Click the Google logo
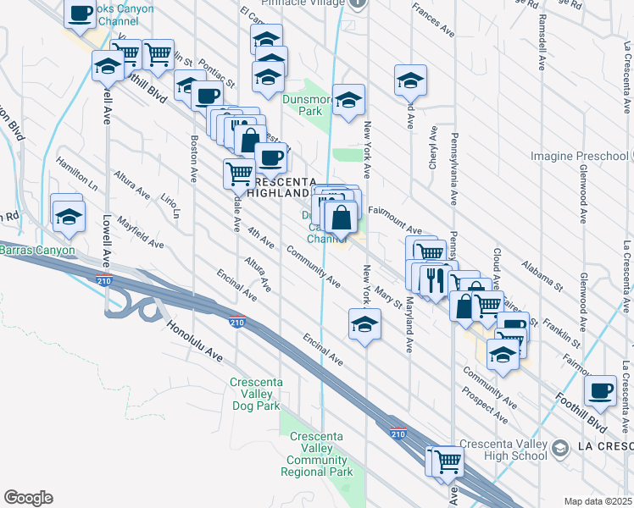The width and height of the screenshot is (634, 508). (x=28, y=498)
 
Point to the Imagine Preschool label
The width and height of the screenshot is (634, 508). (x=580, y=156)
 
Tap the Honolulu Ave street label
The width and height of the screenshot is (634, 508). (x=194, y=342)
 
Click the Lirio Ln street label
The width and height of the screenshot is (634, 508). (x=170, y=203)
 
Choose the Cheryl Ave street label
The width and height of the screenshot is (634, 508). (x=432, y=147)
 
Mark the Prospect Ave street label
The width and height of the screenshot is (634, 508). (x=485, y=406)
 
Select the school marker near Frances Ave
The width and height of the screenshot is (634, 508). (x=410, y=81)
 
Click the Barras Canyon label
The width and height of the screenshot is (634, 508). (x=37, y=250)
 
